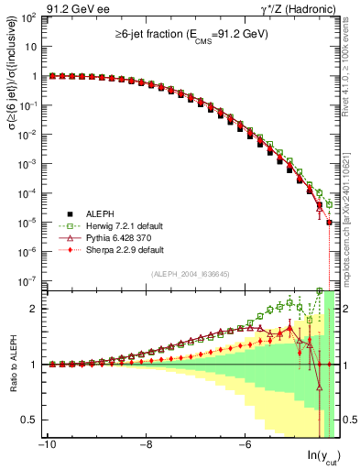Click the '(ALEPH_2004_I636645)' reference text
(x=190, y=273)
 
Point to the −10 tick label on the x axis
(x=46, y=446)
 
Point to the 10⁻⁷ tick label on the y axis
(x=27, y=280)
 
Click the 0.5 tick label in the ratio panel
(x=29, y=420)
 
